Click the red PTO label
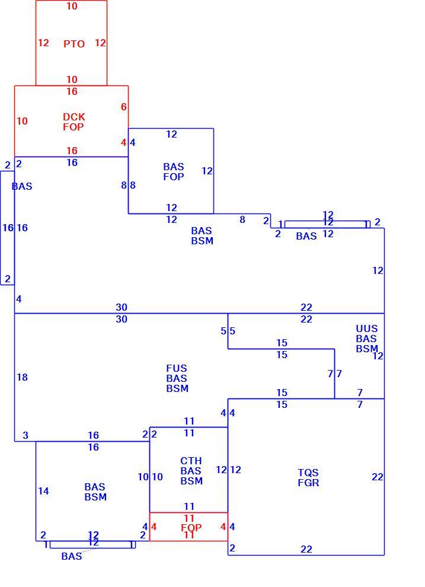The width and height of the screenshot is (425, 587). point(74,44)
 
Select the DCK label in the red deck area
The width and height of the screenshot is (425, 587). point(74,117)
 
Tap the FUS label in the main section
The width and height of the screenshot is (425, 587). point(177,368)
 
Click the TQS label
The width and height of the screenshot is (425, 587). point(308,473)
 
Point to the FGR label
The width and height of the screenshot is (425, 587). point(308,483)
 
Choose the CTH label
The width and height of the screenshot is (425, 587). point(191,461)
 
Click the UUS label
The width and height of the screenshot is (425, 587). point(367,328)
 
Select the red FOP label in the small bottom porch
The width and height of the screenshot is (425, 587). point(191,528)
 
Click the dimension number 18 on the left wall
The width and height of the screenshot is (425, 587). point(22,377)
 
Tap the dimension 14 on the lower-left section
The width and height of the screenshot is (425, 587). point(43,491)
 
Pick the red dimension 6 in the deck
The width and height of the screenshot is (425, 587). point(123,107)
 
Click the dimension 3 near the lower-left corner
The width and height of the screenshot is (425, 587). point(25,435)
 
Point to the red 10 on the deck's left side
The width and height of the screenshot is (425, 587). point(22,121)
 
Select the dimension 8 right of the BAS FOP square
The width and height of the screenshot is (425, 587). point(242,220)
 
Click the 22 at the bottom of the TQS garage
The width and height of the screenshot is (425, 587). point(306,549)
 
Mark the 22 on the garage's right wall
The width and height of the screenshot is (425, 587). point(378,477)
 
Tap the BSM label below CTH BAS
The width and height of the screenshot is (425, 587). point(191,481)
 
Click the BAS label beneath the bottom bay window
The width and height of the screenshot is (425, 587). point(72,556)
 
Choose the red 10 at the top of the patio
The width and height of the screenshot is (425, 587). point(72,6)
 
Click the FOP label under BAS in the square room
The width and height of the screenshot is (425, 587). point(174,177)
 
